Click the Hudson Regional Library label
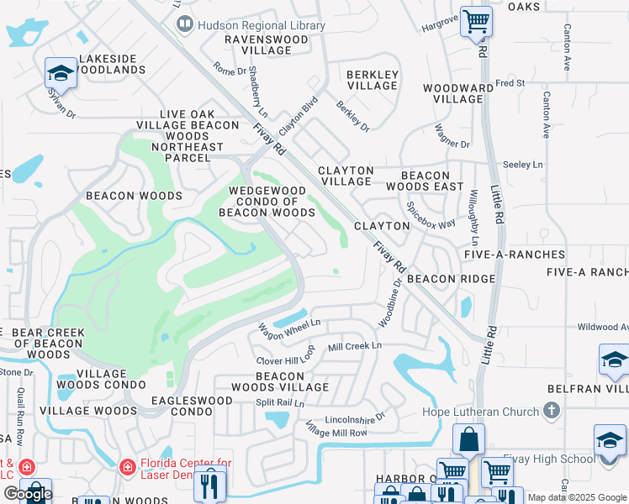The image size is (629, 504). (262, 26)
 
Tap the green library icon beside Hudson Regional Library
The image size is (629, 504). (184, 26)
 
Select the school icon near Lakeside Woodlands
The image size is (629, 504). (61, 73)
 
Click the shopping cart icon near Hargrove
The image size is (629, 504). (476, 21)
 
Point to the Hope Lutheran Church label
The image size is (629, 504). (479, 412)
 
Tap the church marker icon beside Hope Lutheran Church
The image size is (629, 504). (552, 411)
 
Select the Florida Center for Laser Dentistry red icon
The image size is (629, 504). (127, 465)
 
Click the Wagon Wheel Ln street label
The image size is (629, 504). (289, 327)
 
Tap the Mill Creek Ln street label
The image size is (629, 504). (354, 346)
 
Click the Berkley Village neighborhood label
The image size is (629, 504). (372, 80)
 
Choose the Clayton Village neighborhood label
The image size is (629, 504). (345, 176)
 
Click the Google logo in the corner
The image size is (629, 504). (28, 495)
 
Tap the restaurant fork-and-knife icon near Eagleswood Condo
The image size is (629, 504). (208, 486)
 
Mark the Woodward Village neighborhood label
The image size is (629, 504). (457, 93)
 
